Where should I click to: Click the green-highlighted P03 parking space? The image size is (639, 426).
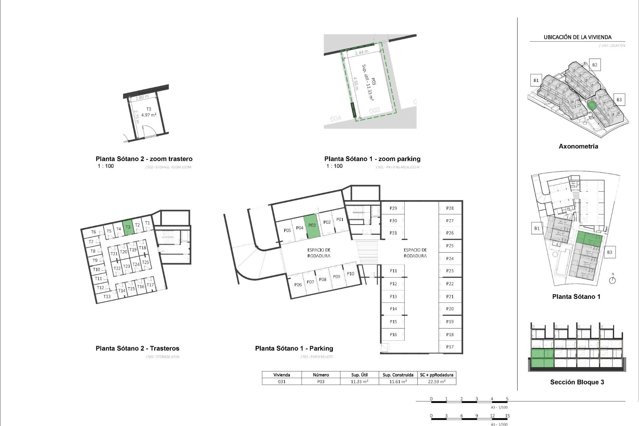(x=312, y=226)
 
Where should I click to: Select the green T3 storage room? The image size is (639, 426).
(x=128, y=228)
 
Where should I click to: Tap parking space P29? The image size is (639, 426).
(x=393, y=208)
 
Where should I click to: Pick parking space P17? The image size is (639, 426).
(x=450, y=347)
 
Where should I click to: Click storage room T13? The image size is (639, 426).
(x=107, y=297)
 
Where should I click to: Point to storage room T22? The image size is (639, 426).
(x=117, y=268)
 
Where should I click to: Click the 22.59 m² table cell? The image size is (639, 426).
(x=436, y=382)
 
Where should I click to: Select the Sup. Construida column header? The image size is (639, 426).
(x=398, y=375)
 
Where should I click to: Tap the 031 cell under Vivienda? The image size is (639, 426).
(x=282, y=382)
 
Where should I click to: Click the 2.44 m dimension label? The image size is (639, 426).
(x=361, y=53)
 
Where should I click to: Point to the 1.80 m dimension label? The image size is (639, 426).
(x=142, y=98)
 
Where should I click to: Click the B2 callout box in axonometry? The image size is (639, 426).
(x=595, y=65)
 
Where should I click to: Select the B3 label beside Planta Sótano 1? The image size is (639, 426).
(x=609, y=252)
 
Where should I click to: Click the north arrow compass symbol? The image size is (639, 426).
(x=612, y=280)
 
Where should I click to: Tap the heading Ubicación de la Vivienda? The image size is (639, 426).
(x=577, y=37)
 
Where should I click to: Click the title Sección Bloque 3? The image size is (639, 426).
(x=577, y=382)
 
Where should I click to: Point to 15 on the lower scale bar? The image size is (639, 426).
(x=507, y=416)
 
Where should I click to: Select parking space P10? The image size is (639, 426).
(x=350, y=274)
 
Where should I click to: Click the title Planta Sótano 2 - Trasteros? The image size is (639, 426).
(x=137, y=348)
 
